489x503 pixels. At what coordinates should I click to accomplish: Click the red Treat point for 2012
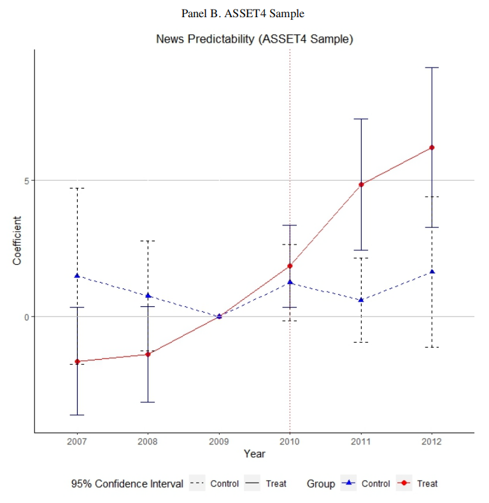click(x=432, y=148)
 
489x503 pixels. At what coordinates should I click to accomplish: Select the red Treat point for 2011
click(x=361, y=185)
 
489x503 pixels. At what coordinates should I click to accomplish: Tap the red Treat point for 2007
click(x=77, y=362)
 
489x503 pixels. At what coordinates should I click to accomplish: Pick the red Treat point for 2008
click(x=148, y=354)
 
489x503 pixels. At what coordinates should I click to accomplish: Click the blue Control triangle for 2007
click(x=77, y=276)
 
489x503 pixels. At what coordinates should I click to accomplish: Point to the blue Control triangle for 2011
click(x=361, y=300)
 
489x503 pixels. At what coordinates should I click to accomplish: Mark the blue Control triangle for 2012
click(x=432, y=272)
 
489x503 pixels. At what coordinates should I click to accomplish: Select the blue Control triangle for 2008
click(x=148, y=295)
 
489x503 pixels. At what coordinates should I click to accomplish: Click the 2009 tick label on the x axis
click(x=219, y=441)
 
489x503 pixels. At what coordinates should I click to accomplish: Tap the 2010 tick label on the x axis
click(x=290, y=441)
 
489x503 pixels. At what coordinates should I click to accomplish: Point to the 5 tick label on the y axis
click(x=26, y=180)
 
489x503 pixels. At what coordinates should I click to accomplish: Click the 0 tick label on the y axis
click(x=26, y=316)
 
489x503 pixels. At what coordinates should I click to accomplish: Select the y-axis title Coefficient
click(x=17, y=241)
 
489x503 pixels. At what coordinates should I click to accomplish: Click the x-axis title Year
click(x=254, y=454)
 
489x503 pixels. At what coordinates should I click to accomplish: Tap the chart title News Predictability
click(x=254, y=39)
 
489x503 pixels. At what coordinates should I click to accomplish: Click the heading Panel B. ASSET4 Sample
click(x=243, y=14)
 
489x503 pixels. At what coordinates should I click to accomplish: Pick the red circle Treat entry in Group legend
click(x=403, y=484)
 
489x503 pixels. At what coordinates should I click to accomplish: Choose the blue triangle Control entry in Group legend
click(x=348, y=484)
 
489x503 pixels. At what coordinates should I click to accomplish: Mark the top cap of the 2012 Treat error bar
click(x=432, y=67)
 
